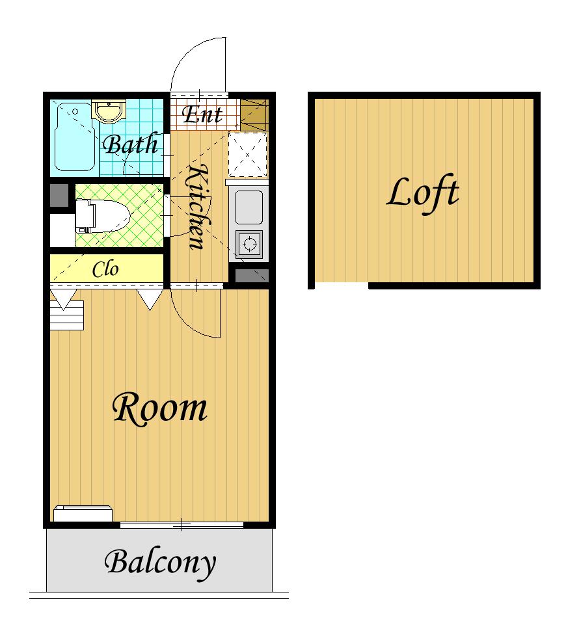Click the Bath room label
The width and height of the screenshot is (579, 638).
point(130,144)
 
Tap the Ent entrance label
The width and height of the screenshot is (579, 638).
point(202,114)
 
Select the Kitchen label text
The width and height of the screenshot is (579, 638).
point(199,206)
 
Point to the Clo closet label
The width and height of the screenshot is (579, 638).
point(105,269)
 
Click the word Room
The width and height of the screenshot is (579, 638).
point(160,408)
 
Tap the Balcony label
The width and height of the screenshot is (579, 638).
point(160,563)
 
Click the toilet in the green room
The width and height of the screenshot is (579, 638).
point(103,217)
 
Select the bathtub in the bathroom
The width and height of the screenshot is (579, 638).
point(75,137)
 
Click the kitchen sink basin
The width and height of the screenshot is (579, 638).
point(249,206)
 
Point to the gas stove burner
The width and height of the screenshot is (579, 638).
point(249,244)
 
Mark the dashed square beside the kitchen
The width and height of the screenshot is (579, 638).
point(247,155)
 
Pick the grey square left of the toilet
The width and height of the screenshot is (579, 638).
point(59,195)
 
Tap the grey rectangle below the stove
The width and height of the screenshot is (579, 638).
point(252,276)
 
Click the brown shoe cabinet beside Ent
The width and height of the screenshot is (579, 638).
point(254,114)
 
